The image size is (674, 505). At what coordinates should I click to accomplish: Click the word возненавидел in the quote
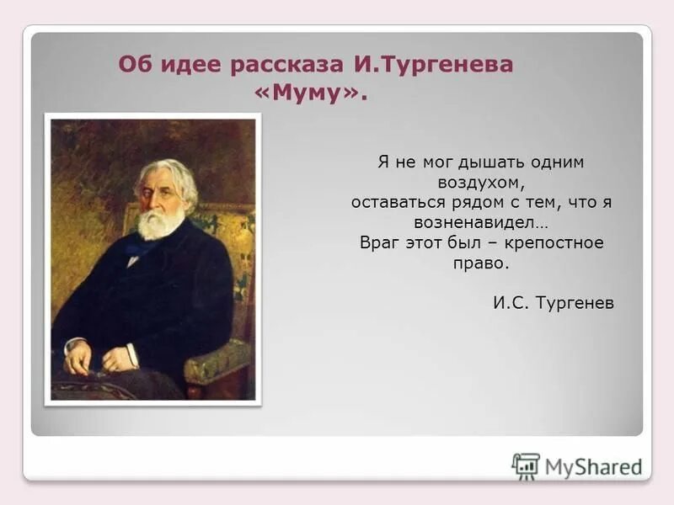tap(479, 222)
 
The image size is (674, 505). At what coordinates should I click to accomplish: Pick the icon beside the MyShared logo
tap(527, 466)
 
